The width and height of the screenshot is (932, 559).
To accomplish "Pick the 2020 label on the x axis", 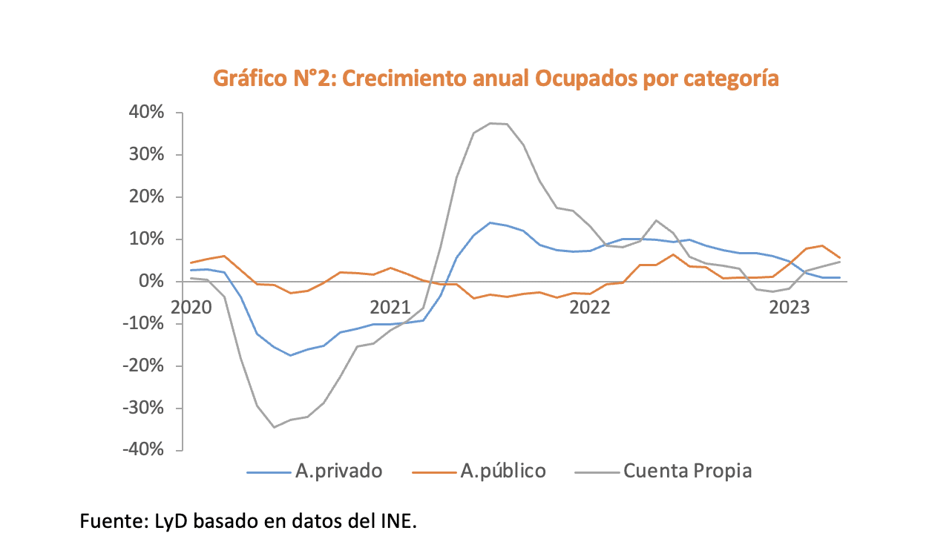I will [191, 307].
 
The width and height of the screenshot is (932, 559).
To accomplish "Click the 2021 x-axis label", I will [390, 307].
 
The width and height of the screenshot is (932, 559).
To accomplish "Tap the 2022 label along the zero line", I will [589, 307].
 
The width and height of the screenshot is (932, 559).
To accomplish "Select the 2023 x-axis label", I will [789, 307].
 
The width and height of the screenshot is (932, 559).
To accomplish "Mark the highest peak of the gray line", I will [490, 123].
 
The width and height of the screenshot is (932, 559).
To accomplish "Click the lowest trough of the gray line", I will [274, 427].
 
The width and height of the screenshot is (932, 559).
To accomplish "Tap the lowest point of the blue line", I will [290, 355].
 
